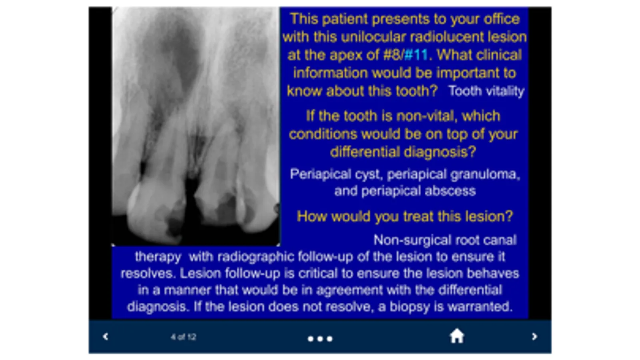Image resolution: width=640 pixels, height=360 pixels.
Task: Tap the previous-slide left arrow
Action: click(x=105, y=336)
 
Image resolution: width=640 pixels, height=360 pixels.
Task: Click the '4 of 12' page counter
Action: click(x=183, y=337)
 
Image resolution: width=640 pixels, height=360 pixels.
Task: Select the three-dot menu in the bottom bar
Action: click(x=320, y=339)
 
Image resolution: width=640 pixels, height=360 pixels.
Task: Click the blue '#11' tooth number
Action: click(x=416, y=55)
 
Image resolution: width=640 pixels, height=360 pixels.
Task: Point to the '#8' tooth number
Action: click(x=392, y=55)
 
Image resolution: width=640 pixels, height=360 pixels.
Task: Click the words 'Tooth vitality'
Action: click(x=486, y=91)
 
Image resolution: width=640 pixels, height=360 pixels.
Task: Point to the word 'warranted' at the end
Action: click(x=480, y=307)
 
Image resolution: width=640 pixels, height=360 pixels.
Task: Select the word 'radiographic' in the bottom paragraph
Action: click(x=256, y=257)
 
